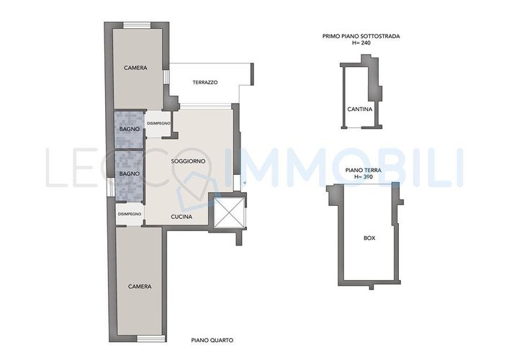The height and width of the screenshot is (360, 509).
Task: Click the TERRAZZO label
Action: point(205,83)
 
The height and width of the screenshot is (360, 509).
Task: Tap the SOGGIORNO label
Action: point(189,161)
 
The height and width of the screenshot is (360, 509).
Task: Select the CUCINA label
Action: point(181,217)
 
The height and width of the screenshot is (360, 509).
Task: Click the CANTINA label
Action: point(360,109)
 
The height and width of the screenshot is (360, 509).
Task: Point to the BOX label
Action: point(369,238)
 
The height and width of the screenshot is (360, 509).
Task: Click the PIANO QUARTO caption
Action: point(212,340)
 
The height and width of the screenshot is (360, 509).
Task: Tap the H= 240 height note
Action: point(361,42)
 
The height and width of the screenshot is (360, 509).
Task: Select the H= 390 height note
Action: point(363,176)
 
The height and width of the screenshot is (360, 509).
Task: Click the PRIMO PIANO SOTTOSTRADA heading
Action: point(361,36)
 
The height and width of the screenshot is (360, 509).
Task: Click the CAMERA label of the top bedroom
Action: point(135,68)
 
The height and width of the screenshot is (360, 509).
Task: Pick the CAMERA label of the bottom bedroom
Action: point(140,287)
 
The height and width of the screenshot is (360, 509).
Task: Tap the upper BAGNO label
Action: point(130,129)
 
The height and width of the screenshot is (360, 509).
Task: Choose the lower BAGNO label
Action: point(130,174)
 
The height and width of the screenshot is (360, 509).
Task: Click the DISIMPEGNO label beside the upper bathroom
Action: point(158,123)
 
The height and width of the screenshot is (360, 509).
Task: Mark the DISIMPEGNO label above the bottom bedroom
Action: point(130,214)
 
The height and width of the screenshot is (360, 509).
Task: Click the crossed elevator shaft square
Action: point(229,212)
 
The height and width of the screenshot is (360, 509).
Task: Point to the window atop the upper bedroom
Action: point(137,25)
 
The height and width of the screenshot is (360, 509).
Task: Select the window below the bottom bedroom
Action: point(151,339)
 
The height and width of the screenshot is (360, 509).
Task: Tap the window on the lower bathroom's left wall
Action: point(111,187)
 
